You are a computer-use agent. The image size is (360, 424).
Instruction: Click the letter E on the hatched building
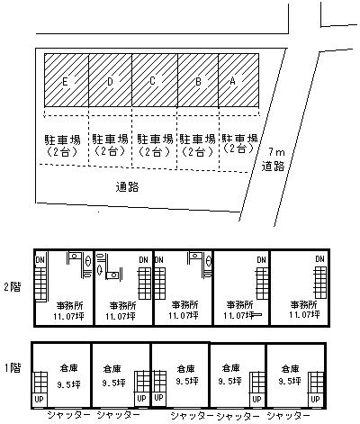click(65, 82)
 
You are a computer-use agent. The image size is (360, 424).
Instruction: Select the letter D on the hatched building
click(110, 82)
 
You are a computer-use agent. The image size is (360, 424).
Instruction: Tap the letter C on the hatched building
click(152, 81)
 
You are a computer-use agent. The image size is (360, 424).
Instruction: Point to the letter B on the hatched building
click(198, 82)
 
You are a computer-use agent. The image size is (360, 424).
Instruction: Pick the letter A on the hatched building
click(232, 80)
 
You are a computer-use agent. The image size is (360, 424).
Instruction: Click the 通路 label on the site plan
click(128, 187)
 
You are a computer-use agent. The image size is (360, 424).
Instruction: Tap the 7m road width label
click(276, 152)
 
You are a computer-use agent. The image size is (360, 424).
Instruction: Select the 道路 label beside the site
click(273, 166)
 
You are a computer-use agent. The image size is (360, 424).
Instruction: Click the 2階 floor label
click(13, 287)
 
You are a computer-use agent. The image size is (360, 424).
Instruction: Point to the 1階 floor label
click(13, 367)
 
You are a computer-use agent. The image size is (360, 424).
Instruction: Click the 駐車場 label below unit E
click(63, 140)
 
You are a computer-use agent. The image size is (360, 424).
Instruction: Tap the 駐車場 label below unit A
click(240, 138)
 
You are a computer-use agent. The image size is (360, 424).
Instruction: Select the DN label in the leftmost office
click(40, 260)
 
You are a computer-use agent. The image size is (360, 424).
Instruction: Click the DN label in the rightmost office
click(320, 259)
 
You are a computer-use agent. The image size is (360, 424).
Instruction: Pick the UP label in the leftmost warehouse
click(40, 400)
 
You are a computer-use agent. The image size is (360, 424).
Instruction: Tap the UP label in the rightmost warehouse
click(315, 400)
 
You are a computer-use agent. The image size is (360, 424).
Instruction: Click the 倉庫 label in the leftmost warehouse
click(68, 367)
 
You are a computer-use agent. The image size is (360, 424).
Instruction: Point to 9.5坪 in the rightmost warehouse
click(290, 381)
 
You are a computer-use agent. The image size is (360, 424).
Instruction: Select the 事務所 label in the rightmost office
click(303, 305)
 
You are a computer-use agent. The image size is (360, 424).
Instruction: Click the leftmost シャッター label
click(68, 415)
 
